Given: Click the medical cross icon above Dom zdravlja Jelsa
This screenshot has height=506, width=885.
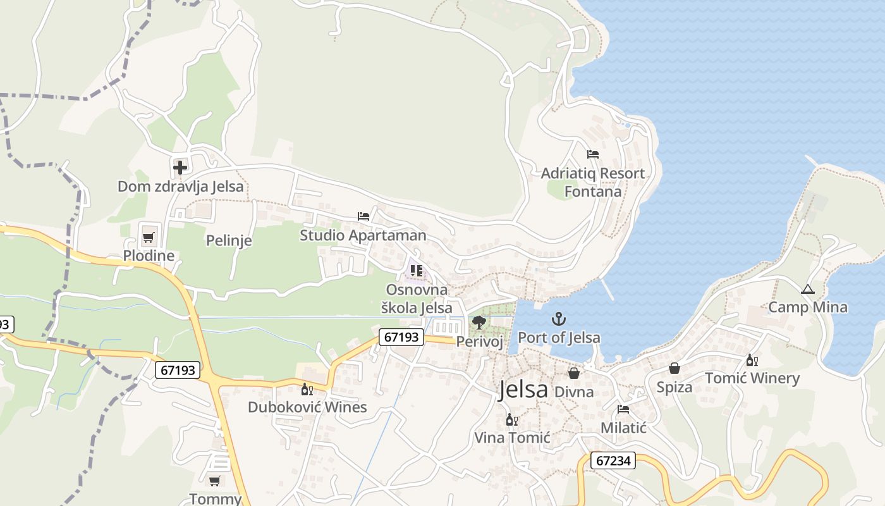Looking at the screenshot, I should [x=180, y=168].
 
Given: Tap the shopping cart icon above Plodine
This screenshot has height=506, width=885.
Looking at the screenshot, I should [x=148, y=238].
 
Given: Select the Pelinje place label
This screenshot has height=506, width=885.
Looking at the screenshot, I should [x=229, y=240].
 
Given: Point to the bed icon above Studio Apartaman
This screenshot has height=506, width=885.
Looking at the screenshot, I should [x=363, y=216].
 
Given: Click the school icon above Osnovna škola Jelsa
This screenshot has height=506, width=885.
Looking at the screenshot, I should [x=416, y=271].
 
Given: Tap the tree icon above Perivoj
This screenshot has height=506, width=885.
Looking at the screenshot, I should [x=479, y=323].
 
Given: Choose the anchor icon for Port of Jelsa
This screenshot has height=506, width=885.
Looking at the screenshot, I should [x=558, y=319].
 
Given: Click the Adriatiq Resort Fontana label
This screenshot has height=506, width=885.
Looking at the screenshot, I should [x=593, y=182].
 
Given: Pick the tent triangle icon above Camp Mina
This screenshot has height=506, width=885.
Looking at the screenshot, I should [x=807, y=290].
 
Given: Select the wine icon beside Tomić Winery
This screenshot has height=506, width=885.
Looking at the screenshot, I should [x=752, y=361].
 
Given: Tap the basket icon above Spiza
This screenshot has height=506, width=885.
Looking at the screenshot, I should [x=674, y=368].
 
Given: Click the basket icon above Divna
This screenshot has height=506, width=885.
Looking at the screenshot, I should [x=574, y=373].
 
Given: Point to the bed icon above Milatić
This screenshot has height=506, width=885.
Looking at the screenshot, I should [x=623, y=409].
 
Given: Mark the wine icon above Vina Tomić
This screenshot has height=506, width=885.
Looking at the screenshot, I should [x=511, y=419].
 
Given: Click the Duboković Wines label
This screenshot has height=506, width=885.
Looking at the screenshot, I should [x=307, y=407].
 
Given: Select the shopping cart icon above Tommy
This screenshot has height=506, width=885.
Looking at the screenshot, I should [x=215, y=481].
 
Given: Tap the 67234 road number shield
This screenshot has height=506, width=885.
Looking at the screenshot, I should [x=613, y=460].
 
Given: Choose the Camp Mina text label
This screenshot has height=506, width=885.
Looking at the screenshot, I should [x=807, y=307].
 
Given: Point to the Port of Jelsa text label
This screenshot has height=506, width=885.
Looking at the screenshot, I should [x=559, y=338].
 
